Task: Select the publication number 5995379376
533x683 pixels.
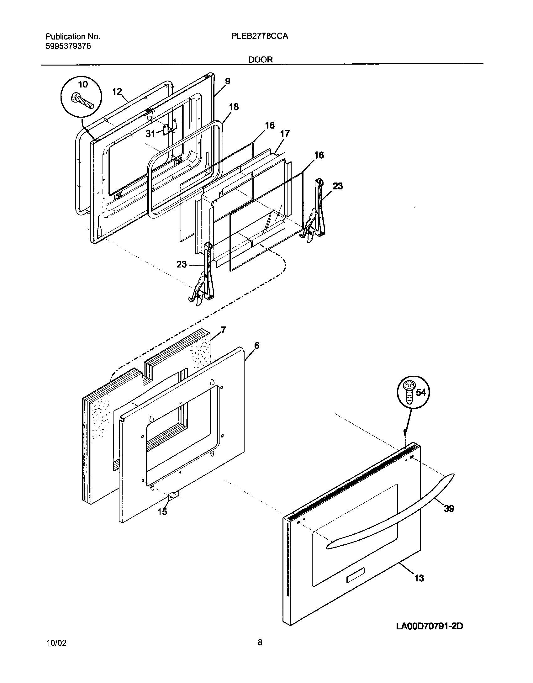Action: [68, 46]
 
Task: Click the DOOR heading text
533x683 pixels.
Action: [261, 60]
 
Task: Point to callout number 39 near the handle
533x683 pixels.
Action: [449, 508]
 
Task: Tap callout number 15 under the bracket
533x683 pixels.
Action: [162, 512]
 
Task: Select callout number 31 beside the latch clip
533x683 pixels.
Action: [150, 134]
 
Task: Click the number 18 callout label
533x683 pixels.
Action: [234, 107]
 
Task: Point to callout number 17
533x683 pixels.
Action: [285, 134]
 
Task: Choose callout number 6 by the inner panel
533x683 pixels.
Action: [257, 346]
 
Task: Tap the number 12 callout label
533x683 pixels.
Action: [117, 92]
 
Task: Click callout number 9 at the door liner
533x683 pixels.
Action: [228, 81]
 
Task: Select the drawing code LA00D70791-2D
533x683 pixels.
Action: [429, 626]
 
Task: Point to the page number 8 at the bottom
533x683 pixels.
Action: [260, 642]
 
